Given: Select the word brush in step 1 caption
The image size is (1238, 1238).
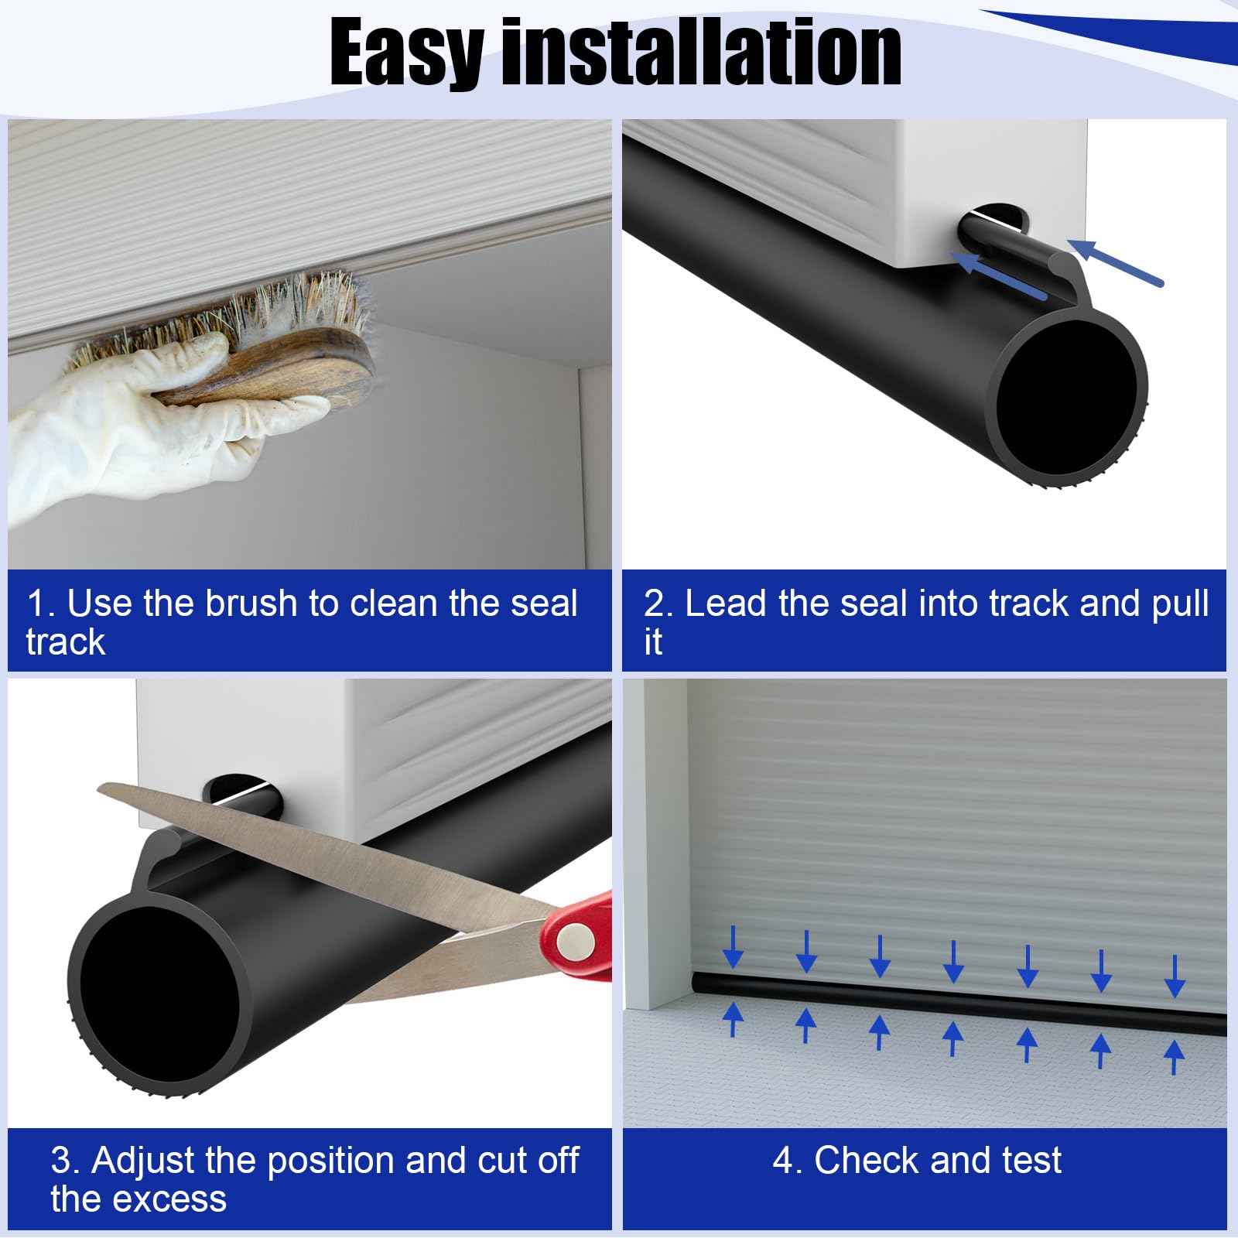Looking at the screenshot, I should click(251, 604).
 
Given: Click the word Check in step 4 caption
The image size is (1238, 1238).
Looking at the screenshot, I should click(867, 1161).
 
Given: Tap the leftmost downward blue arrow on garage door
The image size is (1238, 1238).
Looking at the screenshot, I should click(732, 948).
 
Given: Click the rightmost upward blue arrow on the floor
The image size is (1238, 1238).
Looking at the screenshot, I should click(1174, 1057).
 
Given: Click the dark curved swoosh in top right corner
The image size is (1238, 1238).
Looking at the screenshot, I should click(1114, 31).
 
